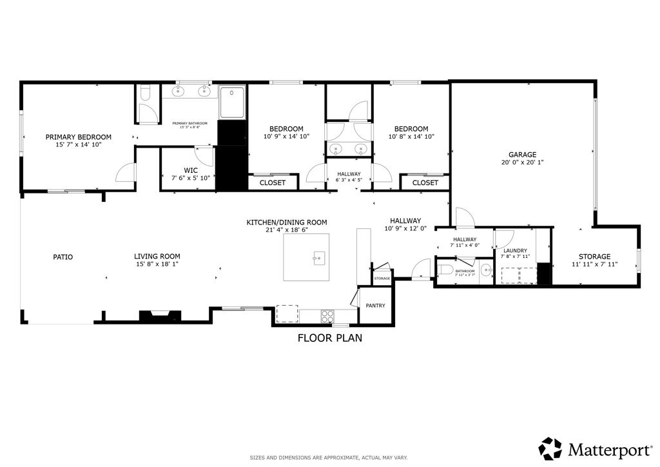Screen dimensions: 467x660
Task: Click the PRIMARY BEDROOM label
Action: pos(78,137)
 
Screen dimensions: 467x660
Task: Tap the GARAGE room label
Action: pos(522,155)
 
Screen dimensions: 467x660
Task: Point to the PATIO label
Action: pos(63,257)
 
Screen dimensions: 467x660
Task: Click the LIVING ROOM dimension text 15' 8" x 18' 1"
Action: pos(157,264)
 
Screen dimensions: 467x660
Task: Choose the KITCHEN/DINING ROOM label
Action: pos(287,223)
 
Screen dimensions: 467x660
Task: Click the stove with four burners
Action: pos(327,316)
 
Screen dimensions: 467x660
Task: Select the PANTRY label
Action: pos(375,306)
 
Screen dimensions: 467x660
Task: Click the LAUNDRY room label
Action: pos(515,251)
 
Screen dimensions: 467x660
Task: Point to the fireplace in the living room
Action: pos(159,315)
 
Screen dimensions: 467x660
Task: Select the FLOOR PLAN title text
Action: pos(329,337)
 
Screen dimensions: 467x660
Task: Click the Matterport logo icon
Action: pos(550,448)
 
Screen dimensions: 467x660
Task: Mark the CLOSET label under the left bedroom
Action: pos(272,183)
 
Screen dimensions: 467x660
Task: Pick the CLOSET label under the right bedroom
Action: pos(425,183)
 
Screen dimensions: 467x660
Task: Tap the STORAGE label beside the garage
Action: pos(594,257)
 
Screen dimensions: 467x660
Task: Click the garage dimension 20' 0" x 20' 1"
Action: pos(522,163)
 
